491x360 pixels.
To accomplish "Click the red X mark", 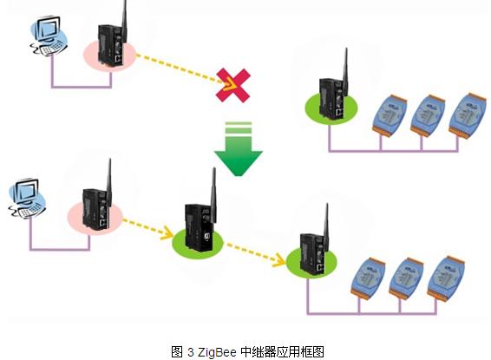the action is (x=233, y=85).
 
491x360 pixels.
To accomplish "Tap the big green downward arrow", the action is (x=239, y=149).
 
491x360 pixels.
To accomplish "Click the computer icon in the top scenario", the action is (x=49, y=37).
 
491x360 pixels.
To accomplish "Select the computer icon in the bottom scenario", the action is (x=27, y=198).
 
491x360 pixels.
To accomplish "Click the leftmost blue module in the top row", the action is (x=390, y=115).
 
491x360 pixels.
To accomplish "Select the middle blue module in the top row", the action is (x=428, y=115).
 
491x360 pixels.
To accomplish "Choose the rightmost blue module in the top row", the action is (x=468, y=115).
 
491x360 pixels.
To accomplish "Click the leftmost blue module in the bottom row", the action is (x=368, y=278).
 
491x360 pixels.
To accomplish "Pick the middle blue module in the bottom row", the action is (x=406, y=278).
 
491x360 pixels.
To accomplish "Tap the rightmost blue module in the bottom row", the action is (x=446, y=278).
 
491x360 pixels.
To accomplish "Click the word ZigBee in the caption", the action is (x=217, y=352).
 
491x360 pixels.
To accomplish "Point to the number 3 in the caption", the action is (x=191, y=352).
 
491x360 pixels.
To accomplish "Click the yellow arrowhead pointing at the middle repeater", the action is (x=167, y=232).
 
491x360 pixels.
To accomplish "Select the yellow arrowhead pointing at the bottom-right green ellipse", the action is (x=278, y=260).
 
